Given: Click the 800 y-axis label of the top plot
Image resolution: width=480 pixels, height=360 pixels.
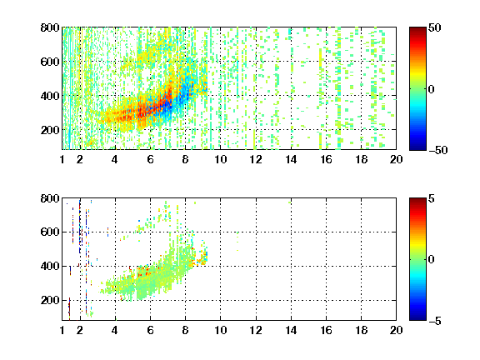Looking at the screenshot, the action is tap(50, 27).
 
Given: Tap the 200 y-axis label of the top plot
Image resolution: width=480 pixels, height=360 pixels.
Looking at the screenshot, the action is tap(50, 130).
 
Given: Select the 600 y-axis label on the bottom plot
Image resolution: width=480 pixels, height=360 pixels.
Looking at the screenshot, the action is tap(50, 232).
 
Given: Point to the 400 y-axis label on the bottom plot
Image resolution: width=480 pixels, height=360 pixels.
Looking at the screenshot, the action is tap(50, 266).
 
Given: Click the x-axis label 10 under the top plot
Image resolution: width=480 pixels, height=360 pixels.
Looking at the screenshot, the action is tap(220, 159).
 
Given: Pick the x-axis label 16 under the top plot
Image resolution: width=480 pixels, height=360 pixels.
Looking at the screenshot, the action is tap(326, 159).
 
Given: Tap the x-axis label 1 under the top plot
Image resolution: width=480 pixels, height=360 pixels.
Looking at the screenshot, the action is tap(62, 159).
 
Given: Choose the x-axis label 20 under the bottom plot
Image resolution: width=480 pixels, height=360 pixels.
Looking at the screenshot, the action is tap(396, 330).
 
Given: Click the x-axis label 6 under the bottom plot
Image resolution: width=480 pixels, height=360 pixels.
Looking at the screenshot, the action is tap(150, 330).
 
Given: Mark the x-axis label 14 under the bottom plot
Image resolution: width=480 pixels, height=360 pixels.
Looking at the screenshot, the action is tap(291, 330).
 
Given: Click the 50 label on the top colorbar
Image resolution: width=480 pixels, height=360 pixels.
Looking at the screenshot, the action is tap(435, 27).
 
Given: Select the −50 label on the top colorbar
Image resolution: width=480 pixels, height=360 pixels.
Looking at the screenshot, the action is tap(438, 150).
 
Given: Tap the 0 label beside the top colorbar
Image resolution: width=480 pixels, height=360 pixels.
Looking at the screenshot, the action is tap(432, 89).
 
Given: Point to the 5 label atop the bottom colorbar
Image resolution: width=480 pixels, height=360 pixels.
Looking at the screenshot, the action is tap(432, 198).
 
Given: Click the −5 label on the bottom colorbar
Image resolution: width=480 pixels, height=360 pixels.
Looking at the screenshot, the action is tap(435, 321).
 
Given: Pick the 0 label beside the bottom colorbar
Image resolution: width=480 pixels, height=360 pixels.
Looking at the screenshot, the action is tap(432, 260).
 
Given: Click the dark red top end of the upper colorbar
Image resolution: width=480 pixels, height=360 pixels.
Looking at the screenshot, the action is tap(417, 29).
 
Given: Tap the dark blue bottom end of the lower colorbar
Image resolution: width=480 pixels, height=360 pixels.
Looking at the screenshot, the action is tap(417, 318).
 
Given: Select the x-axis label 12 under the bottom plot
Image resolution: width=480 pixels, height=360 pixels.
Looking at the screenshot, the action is tap(256, 330).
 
